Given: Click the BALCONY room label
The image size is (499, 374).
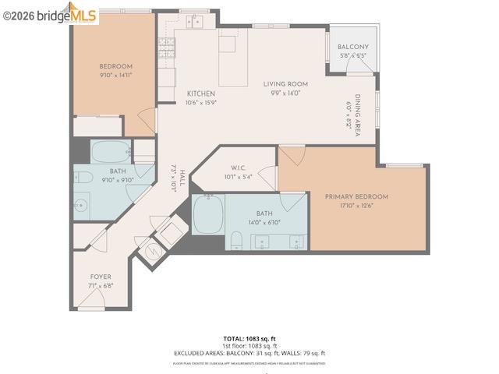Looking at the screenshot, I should (353, 48).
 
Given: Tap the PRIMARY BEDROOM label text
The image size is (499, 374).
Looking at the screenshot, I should (356, 197).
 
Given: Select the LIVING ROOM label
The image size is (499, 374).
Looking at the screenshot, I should (285, 84).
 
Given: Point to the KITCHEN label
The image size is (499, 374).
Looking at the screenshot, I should (200, 93).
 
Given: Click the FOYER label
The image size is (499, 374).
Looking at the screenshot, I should (101, 277).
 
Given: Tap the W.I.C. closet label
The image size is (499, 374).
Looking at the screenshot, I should (239, 168).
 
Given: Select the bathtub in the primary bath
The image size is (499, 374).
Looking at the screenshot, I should (209, 213).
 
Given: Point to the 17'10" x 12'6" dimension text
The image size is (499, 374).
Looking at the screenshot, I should (356, 206).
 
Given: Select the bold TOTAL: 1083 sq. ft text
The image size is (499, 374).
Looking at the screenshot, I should (249, 339).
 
